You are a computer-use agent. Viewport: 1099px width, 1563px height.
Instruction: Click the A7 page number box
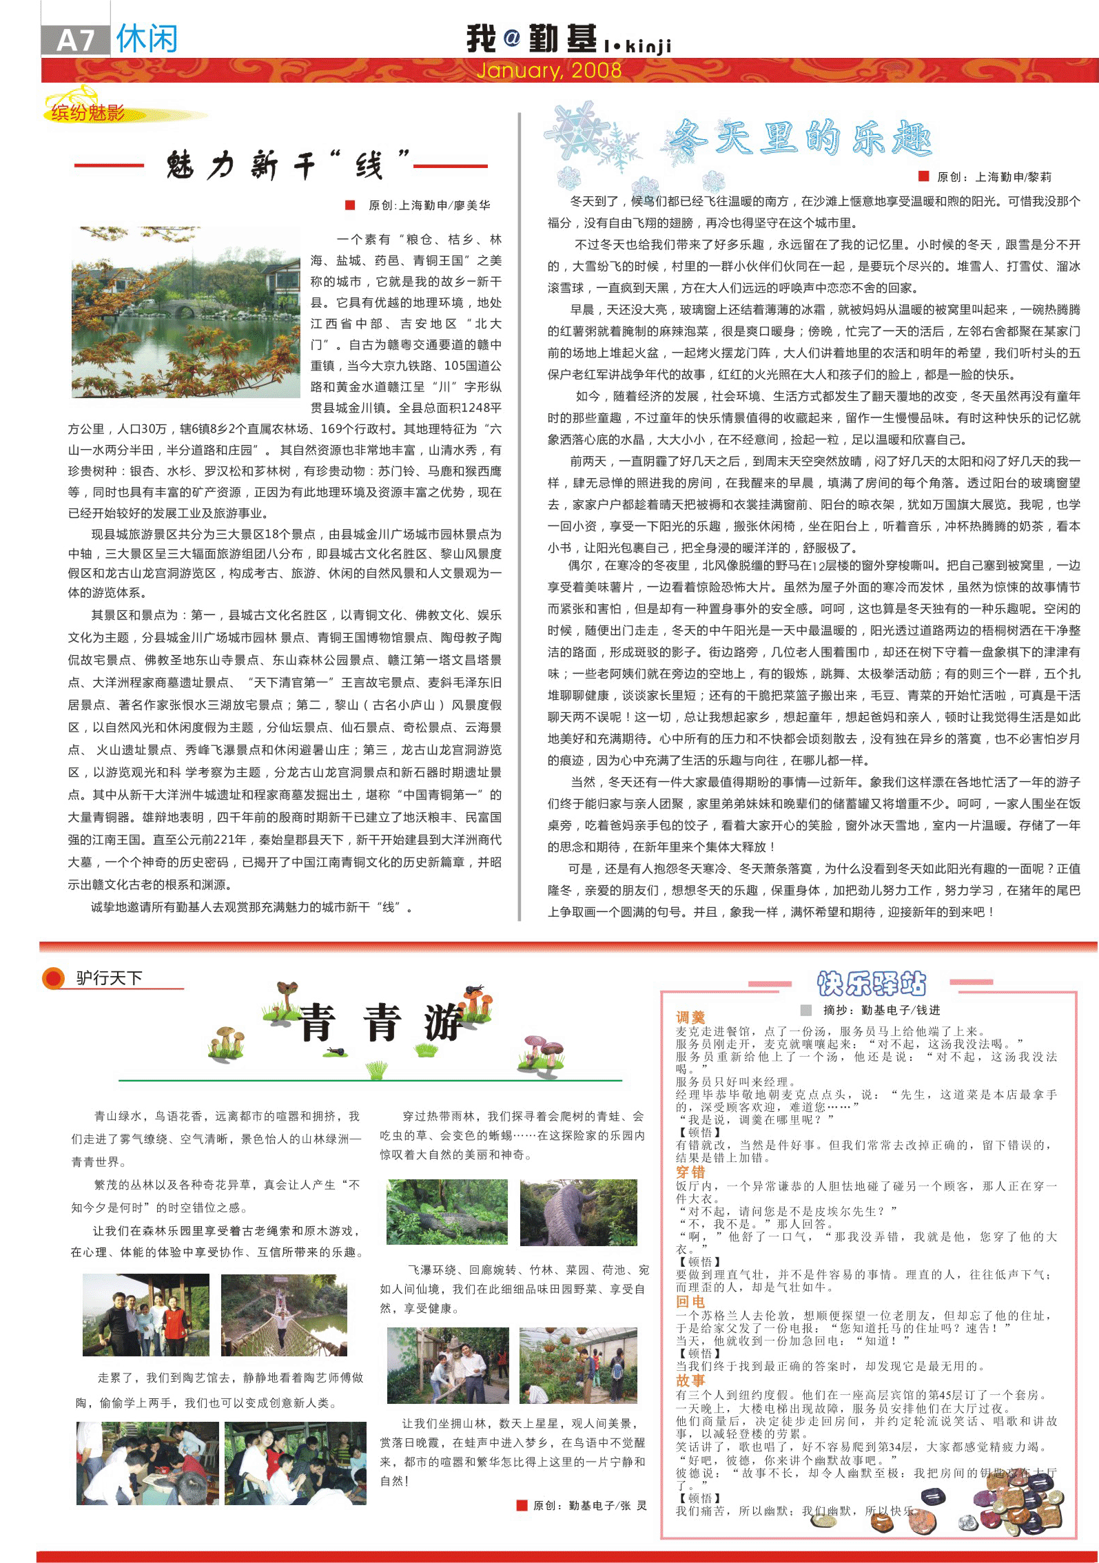click(x=75, y=40)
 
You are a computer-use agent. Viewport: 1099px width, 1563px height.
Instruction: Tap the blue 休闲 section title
click(x=147, y=39)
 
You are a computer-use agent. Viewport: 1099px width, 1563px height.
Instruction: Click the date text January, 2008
click(x=548, y=70)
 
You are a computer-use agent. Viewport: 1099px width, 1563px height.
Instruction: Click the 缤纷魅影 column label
click(x=88, y=112)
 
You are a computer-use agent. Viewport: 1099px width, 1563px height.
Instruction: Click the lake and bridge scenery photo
click(x=186, y=313)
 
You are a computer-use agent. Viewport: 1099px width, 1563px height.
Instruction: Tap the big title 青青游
click(x=380, y=1022)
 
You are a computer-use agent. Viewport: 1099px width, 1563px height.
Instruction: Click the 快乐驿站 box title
click(x=871, y=984)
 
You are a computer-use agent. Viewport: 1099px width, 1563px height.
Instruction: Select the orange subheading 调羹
click(x=690, y=1017)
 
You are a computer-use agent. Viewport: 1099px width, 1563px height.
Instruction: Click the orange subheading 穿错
click(x=690, y=1172)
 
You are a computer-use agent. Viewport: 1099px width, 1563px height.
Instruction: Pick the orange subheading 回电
click(x=690, y=1301)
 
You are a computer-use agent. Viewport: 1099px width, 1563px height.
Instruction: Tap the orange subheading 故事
click(x=690, y=1380)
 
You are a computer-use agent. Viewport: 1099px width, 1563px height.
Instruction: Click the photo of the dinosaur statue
click(x=577, y=1212)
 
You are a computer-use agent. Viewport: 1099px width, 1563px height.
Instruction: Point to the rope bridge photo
click(x=284, y=1315)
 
